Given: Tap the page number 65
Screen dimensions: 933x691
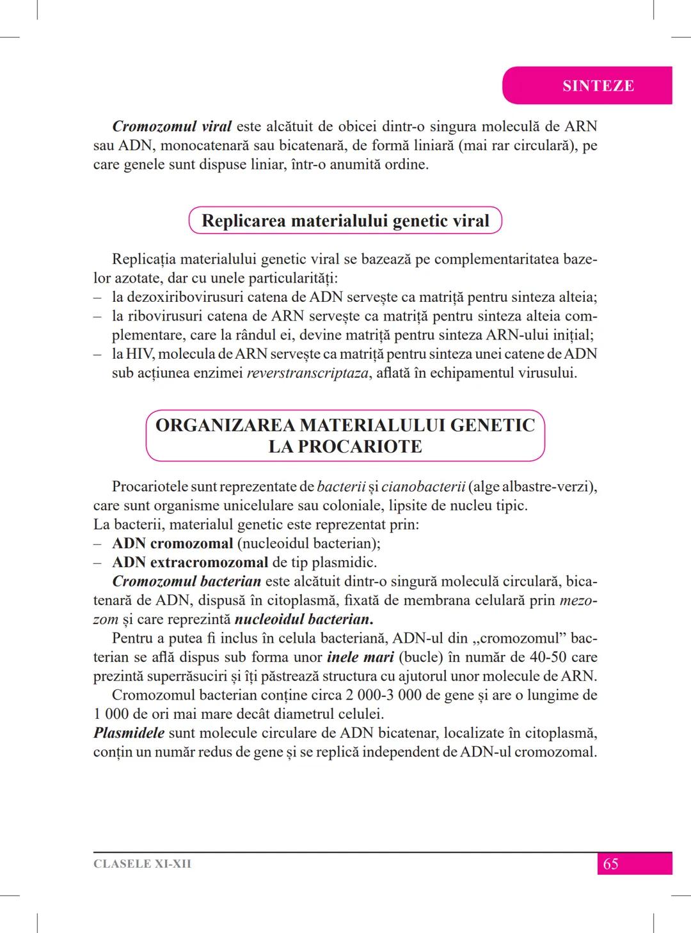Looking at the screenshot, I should coord(610,864).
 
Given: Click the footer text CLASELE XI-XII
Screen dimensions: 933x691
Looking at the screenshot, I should coord(142,864).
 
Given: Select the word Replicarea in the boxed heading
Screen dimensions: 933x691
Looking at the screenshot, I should coord(244,221).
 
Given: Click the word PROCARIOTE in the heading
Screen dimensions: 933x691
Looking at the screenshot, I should coord(345,446).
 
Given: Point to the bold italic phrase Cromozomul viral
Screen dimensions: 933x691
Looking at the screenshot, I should coord(171,126).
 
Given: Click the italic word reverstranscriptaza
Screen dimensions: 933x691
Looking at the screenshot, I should coord(308,373).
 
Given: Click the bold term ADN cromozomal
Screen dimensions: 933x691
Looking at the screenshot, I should coord(173,544).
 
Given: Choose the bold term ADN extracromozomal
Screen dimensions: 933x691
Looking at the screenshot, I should coord(190,563).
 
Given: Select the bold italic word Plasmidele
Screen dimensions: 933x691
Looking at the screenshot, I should coord(129,733).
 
